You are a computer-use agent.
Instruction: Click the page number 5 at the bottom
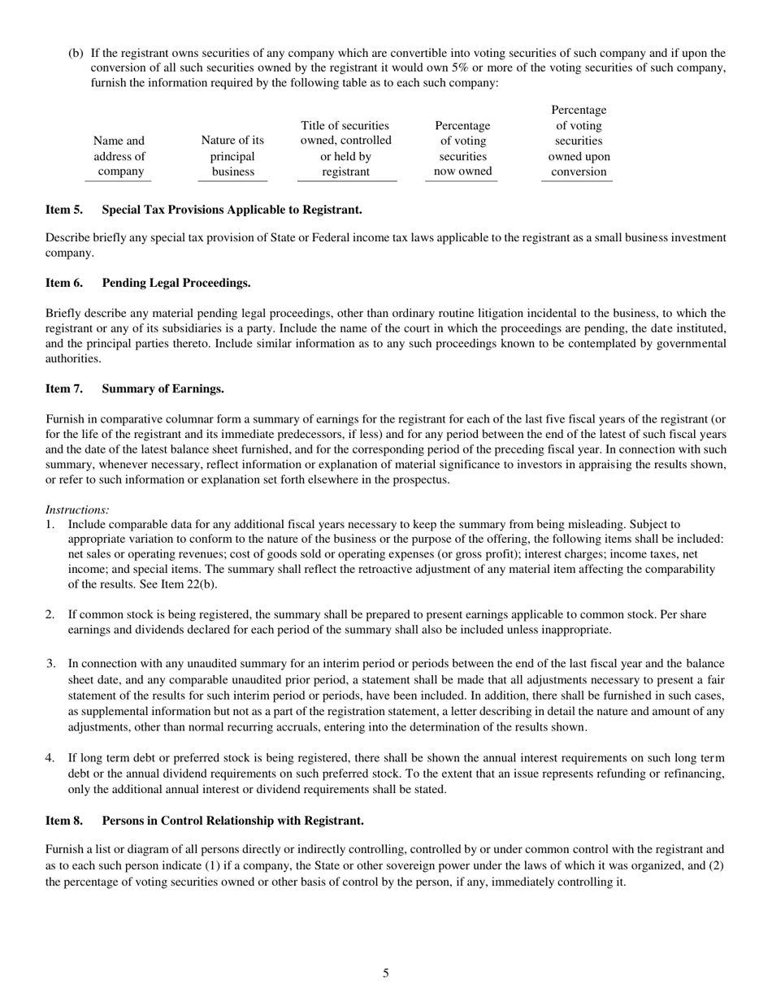tap(385, 973)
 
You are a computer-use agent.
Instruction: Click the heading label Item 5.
tap(63, 210)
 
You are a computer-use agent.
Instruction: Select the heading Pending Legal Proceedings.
tap(176, 283)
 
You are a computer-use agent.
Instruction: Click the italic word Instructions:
tap(77, 509)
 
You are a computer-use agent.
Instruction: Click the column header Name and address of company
tap(119, 156)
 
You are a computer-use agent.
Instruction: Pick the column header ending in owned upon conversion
tap(578, 141)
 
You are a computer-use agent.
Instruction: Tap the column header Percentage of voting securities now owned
tap(462, 149)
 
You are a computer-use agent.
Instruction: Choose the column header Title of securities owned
tap(345, 149)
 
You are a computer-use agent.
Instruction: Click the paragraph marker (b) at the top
tap(76, 53)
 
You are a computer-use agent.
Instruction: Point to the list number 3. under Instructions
tap(50, 664)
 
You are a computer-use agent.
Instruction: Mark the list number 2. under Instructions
tap(50, 615)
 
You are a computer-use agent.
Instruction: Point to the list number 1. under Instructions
tap(50, 525)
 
